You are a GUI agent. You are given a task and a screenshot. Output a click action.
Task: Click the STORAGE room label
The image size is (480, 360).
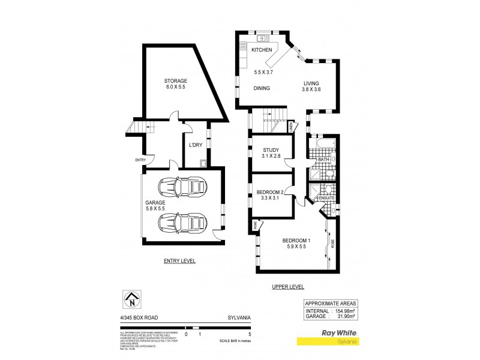(176, 80)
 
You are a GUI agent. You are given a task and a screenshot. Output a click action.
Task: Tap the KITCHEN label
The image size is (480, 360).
(262, 50)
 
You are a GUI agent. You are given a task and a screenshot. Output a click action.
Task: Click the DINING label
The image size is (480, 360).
(261, 88)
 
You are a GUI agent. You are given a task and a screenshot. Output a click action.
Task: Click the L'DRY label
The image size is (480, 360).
(195, 145)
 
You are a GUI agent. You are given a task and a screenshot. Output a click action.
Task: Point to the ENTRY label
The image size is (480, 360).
(140, 160)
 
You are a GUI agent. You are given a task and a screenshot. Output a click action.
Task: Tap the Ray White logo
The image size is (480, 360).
(340, 331)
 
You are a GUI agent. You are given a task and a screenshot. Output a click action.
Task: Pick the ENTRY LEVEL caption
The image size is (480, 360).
(179, 261)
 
